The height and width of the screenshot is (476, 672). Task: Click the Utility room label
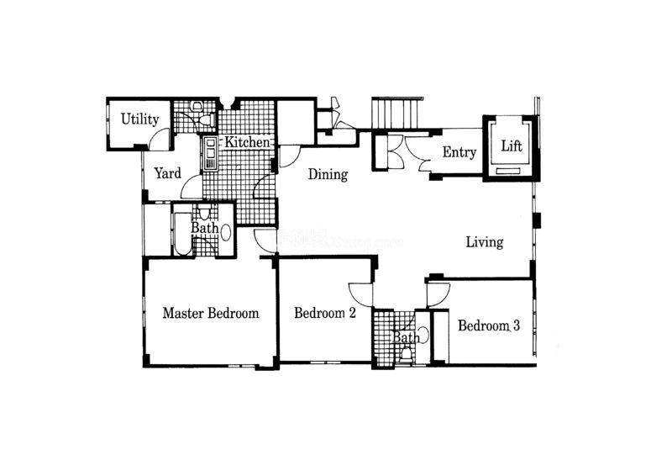(139, 119)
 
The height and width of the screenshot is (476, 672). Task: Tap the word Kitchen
(247, 142)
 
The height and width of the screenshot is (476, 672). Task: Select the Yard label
(167, 173)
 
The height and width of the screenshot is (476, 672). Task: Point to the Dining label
(328, 174)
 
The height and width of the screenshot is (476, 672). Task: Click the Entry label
(459, 152)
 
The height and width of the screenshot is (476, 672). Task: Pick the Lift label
(512, 146)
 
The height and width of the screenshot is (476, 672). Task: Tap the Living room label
(485, 242)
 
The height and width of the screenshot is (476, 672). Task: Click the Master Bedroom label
(211, 313)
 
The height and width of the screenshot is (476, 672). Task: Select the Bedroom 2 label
(325, 313)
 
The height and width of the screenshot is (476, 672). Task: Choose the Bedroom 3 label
(489, 325)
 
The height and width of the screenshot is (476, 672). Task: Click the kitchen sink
(210, 154)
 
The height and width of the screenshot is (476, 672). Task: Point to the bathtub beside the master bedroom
(183, 234)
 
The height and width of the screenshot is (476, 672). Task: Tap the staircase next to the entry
(396, 114)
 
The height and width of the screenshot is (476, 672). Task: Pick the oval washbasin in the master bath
(225, 233)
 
